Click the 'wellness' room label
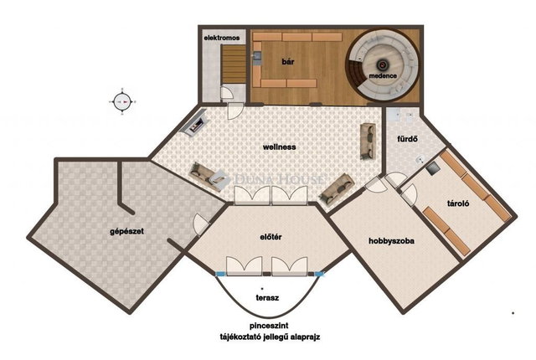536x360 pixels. tap(279, 147)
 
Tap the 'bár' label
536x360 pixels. tap(288, 62)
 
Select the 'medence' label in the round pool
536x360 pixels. tap(383, 76)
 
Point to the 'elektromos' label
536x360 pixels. tap(222, 38)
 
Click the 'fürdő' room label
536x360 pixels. tap(408, 139)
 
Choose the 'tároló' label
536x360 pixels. tap(458, 203)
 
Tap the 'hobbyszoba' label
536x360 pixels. tap(392, 241)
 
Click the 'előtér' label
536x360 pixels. tap(271, 237)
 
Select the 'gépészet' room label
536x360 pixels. tap(126, 232)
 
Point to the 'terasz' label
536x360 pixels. tap(267, 298)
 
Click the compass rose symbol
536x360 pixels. tap(122, 102)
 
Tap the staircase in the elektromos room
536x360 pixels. tap(234, 64)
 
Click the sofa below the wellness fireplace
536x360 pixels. tap(206, 176)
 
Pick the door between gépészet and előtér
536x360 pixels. tap(201, 224)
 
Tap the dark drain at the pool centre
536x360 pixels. tap(382, 64)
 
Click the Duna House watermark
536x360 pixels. tap(279, 179)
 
